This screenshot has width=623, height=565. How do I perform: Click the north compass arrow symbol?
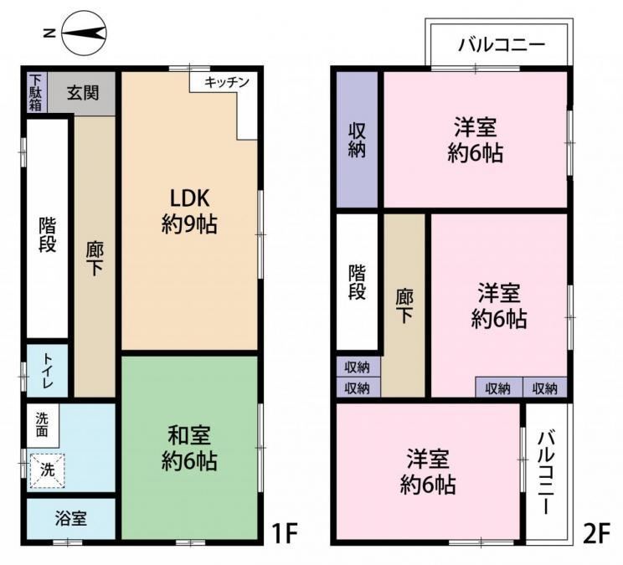coord(85,33)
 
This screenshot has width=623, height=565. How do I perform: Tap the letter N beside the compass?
coord(49,33)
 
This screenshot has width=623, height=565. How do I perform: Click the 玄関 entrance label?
coord(83,93)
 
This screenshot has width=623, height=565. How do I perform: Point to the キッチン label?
coord(226,82)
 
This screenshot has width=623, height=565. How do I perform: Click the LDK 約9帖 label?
coord(189,211)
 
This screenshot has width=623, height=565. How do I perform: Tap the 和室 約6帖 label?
coord(189,448)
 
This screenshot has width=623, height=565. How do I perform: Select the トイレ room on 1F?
coord(47,371)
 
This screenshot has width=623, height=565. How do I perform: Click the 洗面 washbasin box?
coord(43,425)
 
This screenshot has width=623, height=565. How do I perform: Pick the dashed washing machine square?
coord(47,470)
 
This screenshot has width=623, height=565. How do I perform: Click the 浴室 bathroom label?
coord(70,518)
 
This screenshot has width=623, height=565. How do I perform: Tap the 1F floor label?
coord(285,533)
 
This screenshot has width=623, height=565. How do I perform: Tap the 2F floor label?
coord(596,533)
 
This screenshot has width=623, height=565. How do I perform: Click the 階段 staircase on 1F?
coord(47,229)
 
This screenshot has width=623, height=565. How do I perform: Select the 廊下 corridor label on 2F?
coord(404,306)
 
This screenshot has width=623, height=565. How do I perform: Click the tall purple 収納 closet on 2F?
coord(357,139)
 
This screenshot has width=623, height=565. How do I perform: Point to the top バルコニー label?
coord(502,44)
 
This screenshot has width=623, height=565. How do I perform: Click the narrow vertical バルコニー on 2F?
coord(547,472)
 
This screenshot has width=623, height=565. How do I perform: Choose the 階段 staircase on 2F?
coord(357,282)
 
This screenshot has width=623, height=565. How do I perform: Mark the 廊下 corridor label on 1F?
coord(95,259)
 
